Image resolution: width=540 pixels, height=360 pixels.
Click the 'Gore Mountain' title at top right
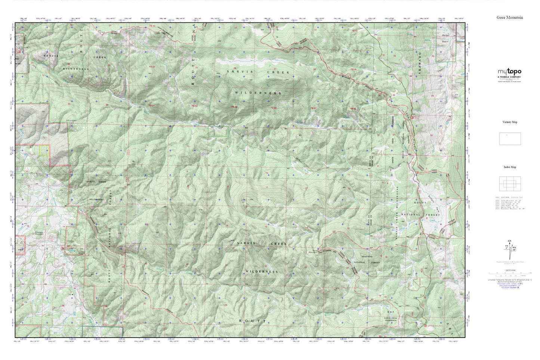[510, 18]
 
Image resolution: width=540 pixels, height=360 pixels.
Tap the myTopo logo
[509, 72]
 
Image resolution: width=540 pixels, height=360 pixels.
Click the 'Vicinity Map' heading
[510, 122]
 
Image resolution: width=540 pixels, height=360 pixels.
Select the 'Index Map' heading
[510, 167]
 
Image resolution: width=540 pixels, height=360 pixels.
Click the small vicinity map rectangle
[510, 139]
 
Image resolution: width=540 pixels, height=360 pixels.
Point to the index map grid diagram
[510, 184]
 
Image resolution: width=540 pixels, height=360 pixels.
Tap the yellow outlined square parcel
[44, 150]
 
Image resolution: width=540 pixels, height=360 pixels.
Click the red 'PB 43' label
[152, 26]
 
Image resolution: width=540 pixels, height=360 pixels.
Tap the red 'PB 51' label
[152, 106]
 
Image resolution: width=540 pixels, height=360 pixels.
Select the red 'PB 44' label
[152, 67]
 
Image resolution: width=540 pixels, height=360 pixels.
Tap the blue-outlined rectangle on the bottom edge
[102, 331]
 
